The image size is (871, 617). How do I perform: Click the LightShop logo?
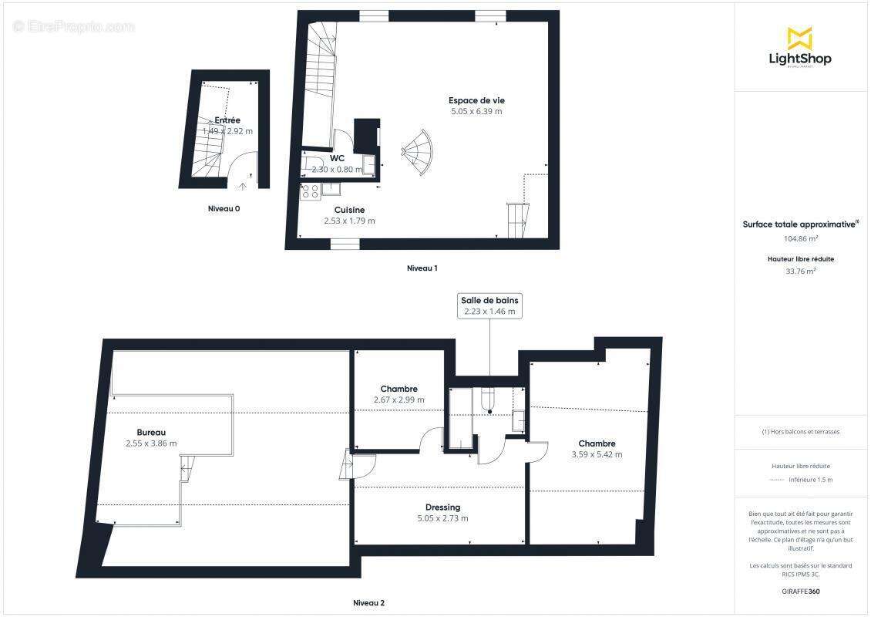(x=799, y=48)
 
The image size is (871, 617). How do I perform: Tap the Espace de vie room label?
(x=476, y=100)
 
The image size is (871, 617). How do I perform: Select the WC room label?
(x=337, y=158)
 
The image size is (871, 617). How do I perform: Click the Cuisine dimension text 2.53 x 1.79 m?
(x=349, y=221)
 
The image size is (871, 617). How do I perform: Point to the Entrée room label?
(x=227, y=120)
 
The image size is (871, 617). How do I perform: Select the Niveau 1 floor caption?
(x=422, y=268)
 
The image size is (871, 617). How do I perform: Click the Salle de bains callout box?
(x=490, y=305)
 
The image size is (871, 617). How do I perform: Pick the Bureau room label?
(x=151, y=432)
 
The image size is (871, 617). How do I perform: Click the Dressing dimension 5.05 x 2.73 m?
(x=442, y=518)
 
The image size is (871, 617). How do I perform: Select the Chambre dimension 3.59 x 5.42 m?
(x=597, y=454)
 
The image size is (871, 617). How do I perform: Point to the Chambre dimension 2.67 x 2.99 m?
(x=399, y=400)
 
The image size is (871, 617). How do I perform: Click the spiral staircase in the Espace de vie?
(x=419, y=153)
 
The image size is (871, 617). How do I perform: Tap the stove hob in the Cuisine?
(x=310, y=190)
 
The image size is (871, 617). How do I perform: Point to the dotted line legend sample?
(x=778, y=480)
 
